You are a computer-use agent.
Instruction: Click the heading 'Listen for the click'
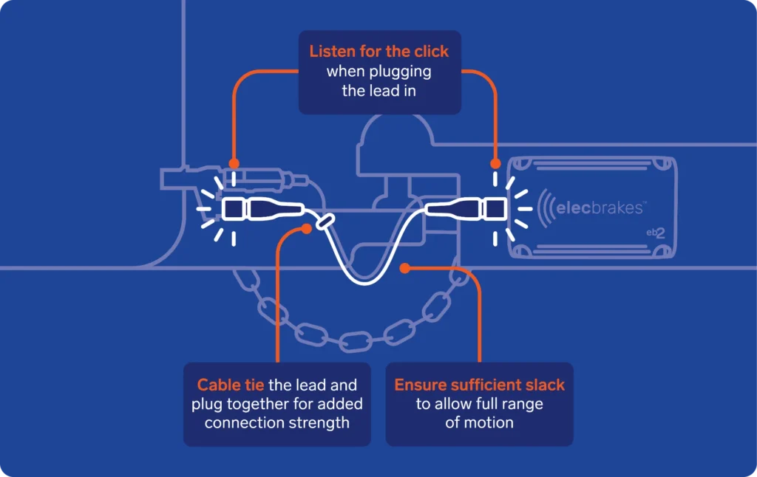coord(379,52)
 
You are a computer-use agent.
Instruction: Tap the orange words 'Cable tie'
coord(225,385)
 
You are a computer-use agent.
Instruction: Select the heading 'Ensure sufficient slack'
coord(479,385)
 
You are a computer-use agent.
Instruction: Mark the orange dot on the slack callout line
coord(404,268)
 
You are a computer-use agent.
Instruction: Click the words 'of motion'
coord(479,423)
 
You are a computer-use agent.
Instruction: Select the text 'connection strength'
coord(277,423)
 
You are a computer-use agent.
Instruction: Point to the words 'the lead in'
coord(379,91)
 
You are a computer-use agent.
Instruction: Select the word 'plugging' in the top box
coord(406,72)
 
